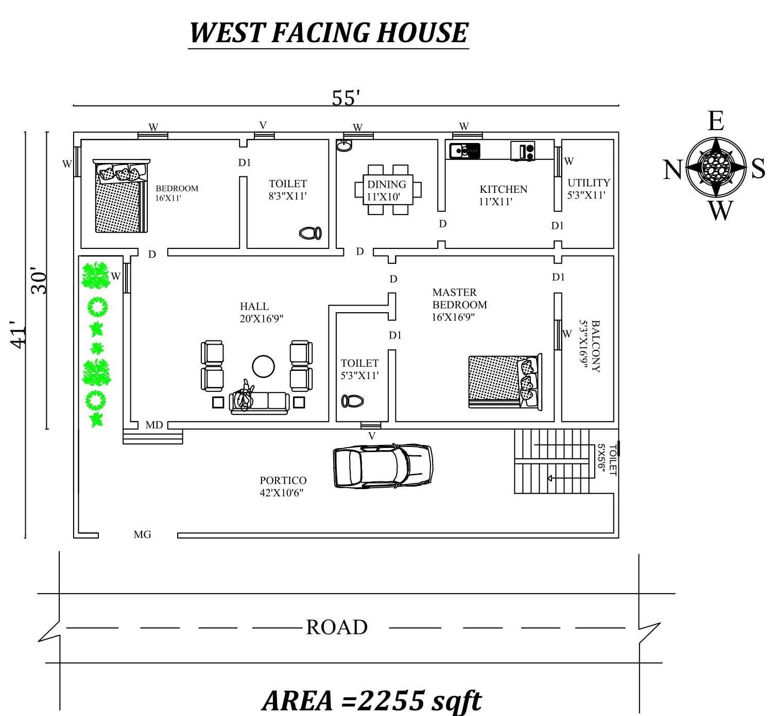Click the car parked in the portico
[383, 466]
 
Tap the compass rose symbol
[716, 167]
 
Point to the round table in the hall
[263, 366]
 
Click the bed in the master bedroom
[505, 381]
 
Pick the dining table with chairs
[387, 189]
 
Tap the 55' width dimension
[346, 98]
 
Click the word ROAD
[337, 628]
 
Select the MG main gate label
[142, 535]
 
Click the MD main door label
[154, 425]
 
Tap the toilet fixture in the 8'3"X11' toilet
[311, 233]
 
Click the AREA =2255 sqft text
[372, 700]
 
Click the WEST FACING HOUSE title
[329, 33]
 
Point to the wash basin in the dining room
[343, 146]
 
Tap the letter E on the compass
[716, 122]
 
